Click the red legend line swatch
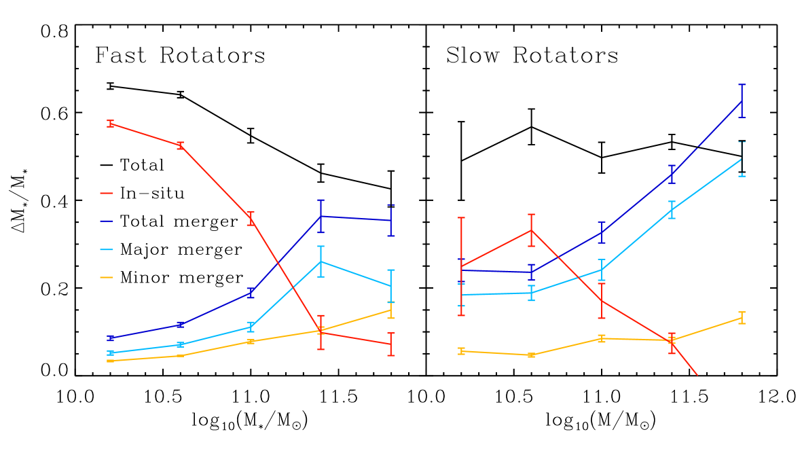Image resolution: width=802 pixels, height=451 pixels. (107, 194)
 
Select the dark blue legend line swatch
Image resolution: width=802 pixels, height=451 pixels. (107, 221)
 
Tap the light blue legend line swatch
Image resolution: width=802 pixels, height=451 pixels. (107, 249)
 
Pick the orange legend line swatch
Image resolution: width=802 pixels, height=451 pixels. (107, 277)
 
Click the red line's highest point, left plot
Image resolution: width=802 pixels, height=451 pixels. (110, 124)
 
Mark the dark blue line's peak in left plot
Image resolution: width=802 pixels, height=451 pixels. (321, 216)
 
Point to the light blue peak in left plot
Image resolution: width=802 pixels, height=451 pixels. (321, 261)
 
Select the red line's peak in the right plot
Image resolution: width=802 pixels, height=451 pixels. (531, 230)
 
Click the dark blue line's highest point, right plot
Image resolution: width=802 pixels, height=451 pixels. (742, 101)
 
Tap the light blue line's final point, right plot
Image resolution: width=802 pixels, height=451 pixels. (742, 159)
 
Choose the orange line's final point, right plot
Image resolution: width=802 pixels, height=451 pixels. (742, 318)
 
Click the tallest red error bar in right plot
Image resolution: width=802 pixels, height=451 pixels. (461, 266)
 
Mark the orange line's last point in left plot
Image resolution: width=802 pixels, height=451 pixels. (391, 310)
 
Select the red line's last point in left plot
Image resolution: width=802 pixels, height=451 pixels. (391, 344)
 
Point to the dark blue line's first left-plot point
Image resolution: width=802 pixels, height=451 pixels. (110, 338)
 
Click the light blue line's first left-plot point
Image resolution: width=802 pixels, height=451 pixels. (110, 353)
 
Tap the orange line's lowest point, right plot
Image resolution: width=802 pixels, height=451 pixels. (531, 355)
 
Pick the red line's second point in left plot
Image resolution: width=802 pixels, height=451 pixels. (180, 145)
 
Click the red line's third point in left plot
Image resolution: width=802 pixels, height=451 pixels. (251, 219)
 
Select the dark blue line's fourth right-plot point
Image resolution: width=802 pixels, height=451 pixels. (672, 175)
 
